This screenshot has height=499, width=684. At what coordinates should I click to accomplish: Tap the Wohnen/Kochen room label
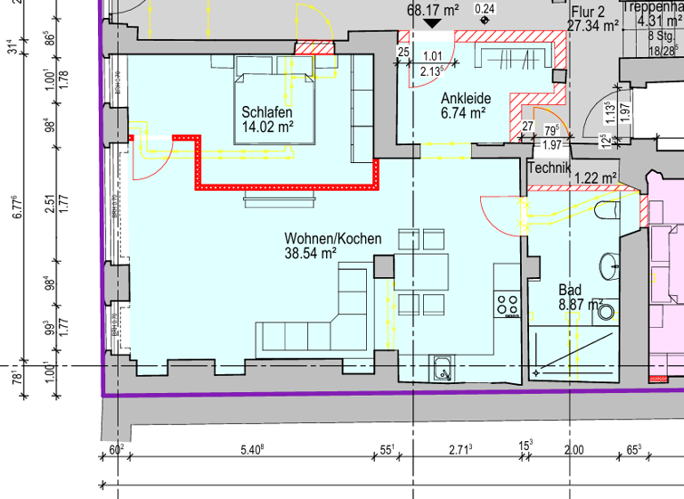click(333, 239)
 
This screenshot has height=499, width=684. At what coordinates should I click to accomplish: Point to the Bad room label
click(570, 290)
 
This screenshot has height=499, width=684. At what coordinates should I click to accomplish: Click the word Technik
click(549, 168)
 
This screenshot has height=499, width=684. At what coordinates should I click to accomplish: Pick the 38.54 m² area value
click(310, 254)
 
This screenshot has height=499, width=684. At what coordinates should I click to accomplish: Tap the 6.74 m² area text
click(463, 113)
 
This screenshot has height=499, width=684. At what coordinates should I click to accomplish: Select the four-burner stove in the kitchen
click(508, 306)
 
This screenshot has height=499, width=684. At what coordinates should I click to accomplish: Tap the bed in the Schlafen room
click(276, 98)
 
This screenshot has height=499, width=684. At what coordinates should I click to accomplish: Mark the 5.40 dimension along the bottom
click(253, 450)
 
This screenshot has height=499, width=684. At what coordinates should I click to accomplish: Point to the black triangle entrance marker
click(431, 26)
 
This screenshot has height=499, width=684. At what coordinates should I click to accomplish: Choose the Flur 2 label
click(589, 11)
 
